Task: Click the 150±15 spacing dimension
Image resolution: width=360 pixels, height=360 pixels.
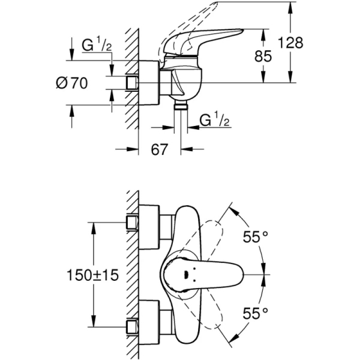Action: click(91, 275)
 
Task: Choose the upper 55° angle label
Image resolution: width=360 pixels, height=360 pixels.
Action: click(254, 237)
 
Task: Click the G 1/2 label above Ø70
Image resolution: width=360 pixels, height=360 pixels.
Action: click(97, 46)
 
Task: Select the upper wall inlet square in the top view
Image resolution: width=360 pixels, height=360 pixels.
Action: click(133, 224)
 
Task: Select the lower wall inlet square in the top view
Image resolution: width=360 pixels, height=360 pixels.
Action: click(133, 326)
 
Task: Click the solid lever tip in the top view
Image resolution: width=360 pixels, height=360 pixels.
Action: click(237, 275)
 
